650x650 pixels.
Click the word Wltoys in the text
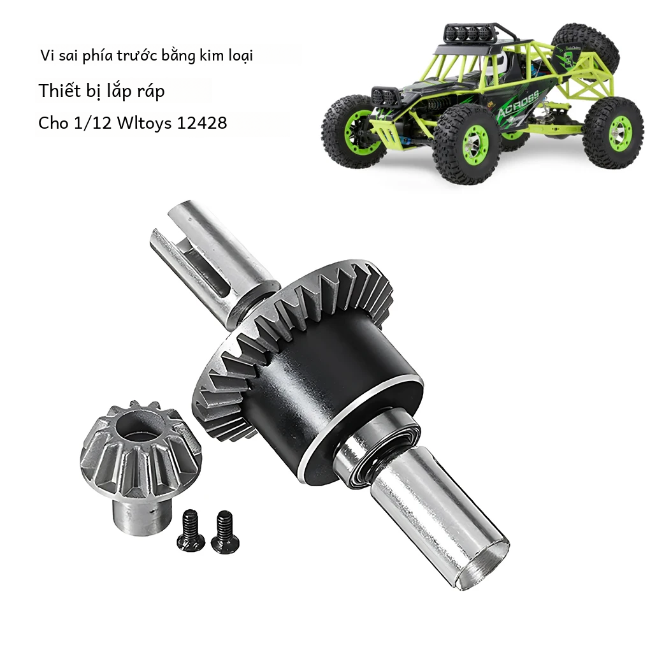pyautogui.click(x=143, y=122)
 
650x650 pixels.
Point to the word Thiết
pyautogui.click(x=59, y=90)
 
